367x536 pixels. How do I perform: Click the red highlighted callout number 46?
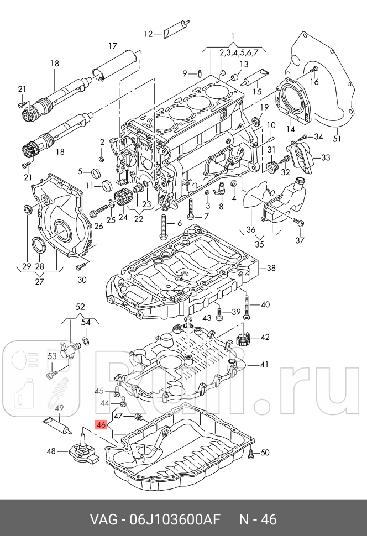101,425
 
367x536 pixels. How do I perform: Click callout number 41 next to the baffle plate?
264,364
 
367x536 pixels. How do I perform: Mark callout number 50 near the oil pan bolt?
265,453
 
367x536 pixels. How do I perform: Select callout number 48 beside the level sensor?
51,451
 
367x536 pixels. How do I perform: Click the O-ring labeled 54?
86,339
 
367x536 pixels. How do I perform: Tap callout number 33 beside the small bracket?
325,157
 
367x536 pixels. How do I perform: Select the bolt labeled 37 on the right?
298,222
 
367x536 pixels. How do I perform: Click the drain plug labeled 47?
139,416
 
